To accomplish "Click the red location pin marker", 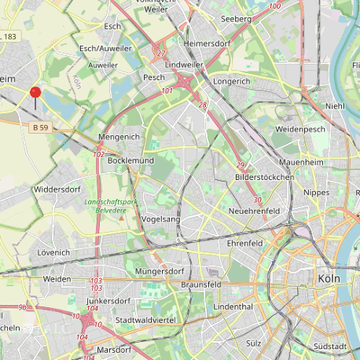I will [x=36, y=94].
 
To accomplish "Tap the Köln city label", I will [x=329, y=279].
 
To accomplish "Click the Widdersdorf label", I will [x=57, y=190].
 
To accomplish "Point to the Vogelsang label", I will [x=161, y=219].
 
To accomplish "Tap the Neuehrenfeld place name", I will [x=257, y=210].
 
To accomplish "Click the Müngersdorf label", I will [x=158, y=270].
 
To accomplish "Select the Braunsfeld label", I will [x=201, y=283].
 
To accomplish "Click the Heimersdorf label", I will [x=207, y=42].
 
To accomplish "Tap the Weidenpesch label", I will [x=301, y=130].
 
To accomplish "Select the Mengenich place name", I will [x=119, y=137].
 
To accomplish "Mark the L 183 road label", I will [x=7, y=36].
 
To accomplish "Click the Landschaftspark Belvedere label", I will [x=111, y=209].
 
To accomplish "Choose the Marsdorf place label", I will [x=114, y=348].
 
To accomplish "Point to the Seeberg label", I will [x=236, y=18].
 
